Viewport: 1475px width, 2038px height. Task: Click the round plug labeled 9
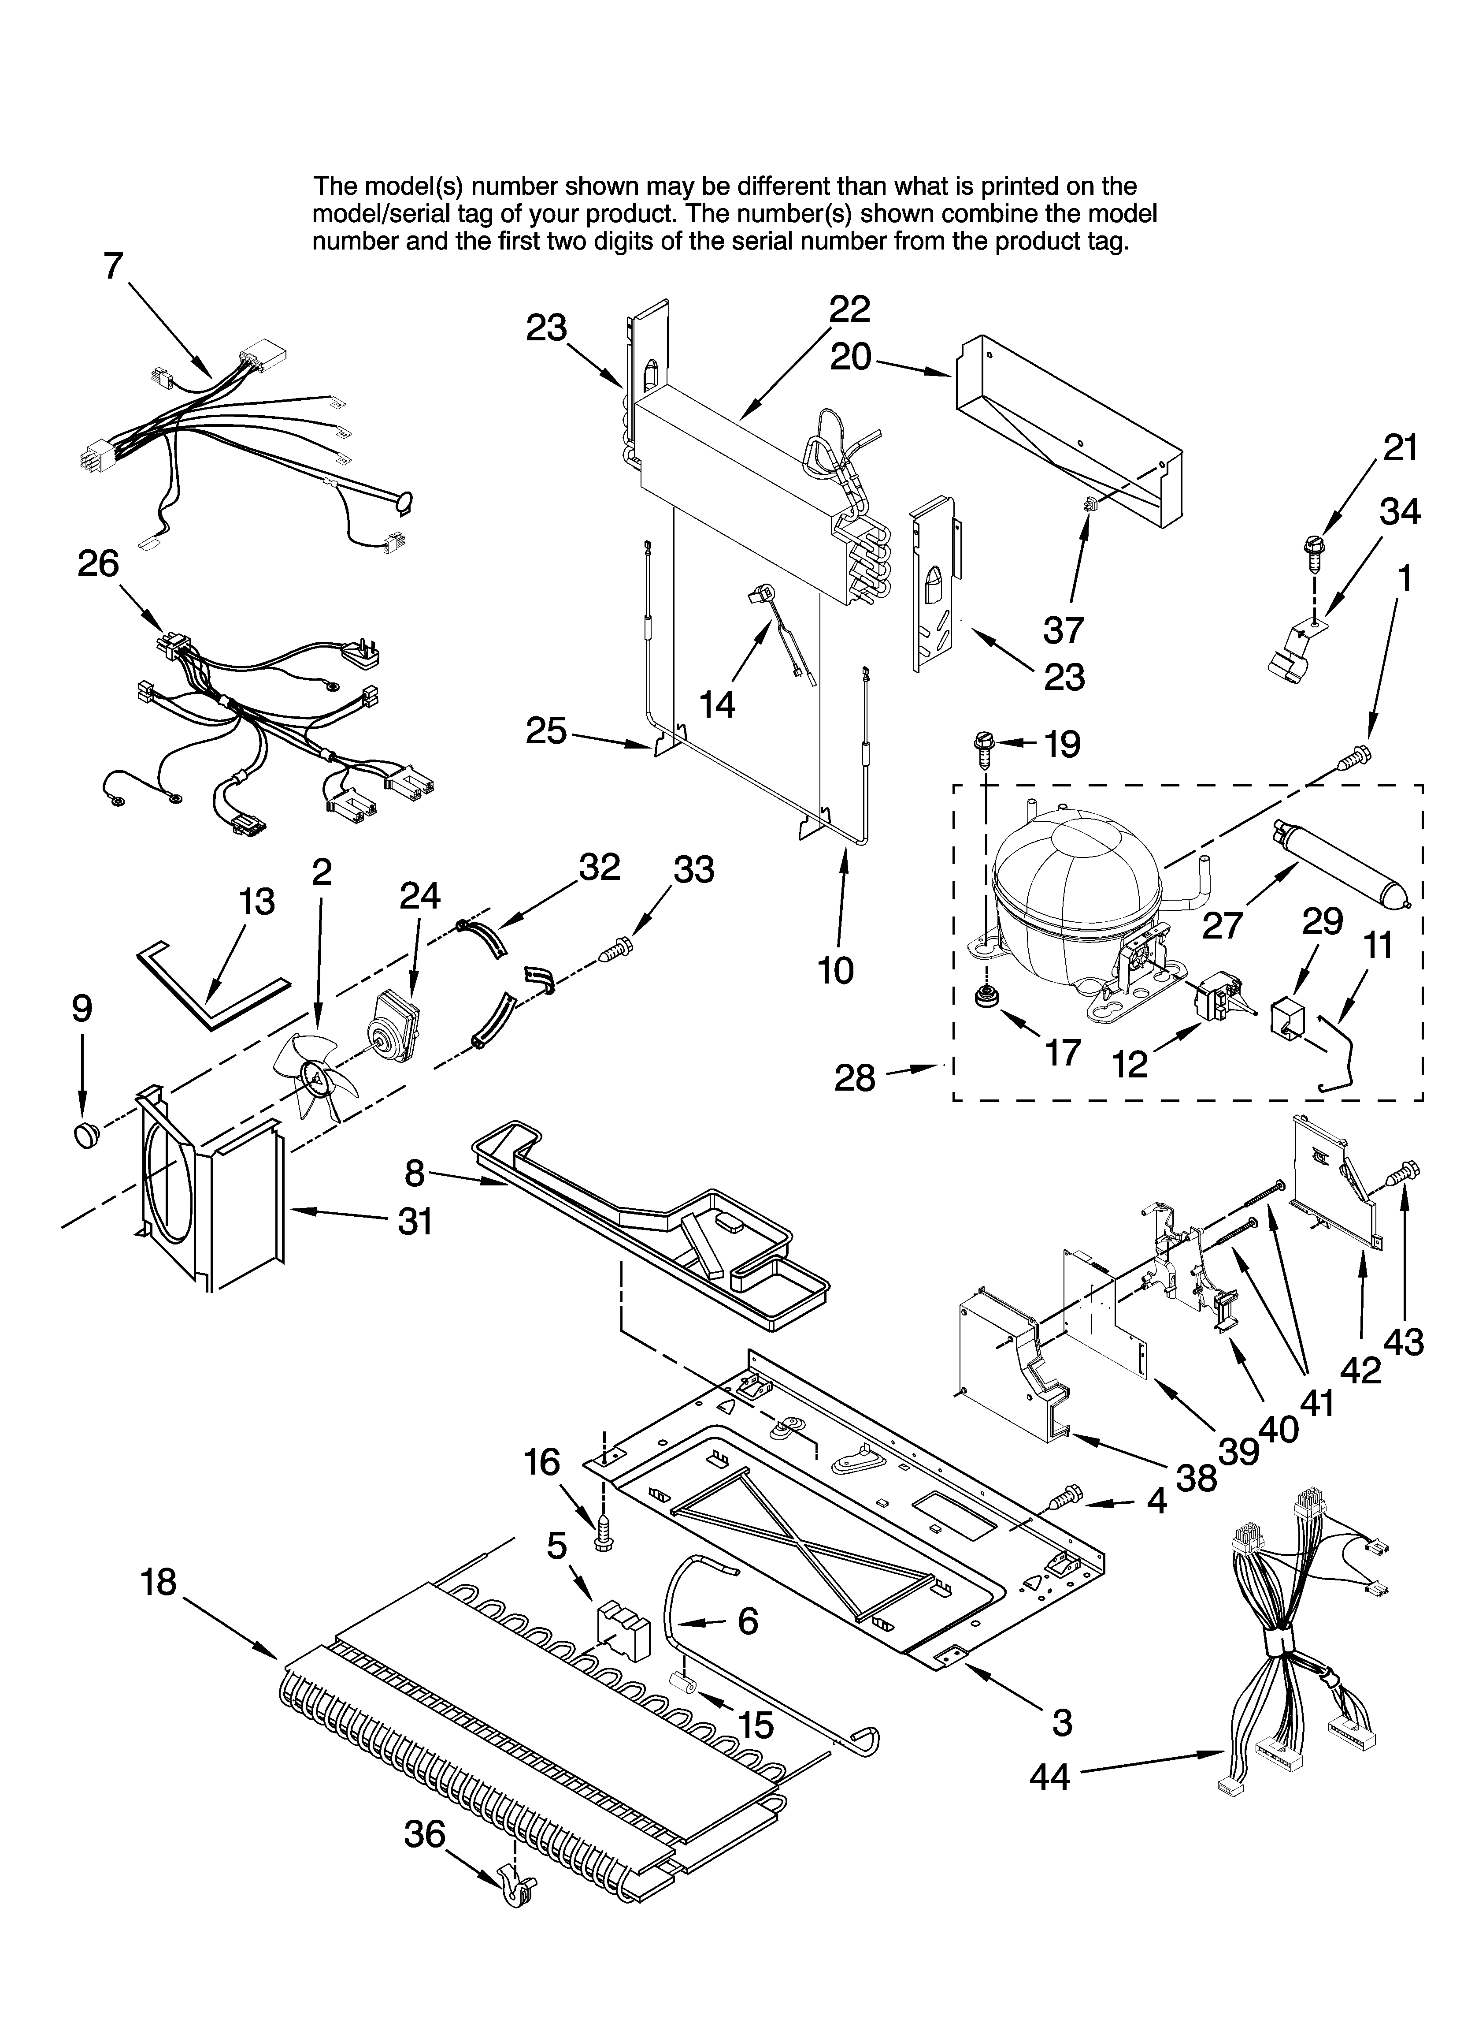pos(85,1134)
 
